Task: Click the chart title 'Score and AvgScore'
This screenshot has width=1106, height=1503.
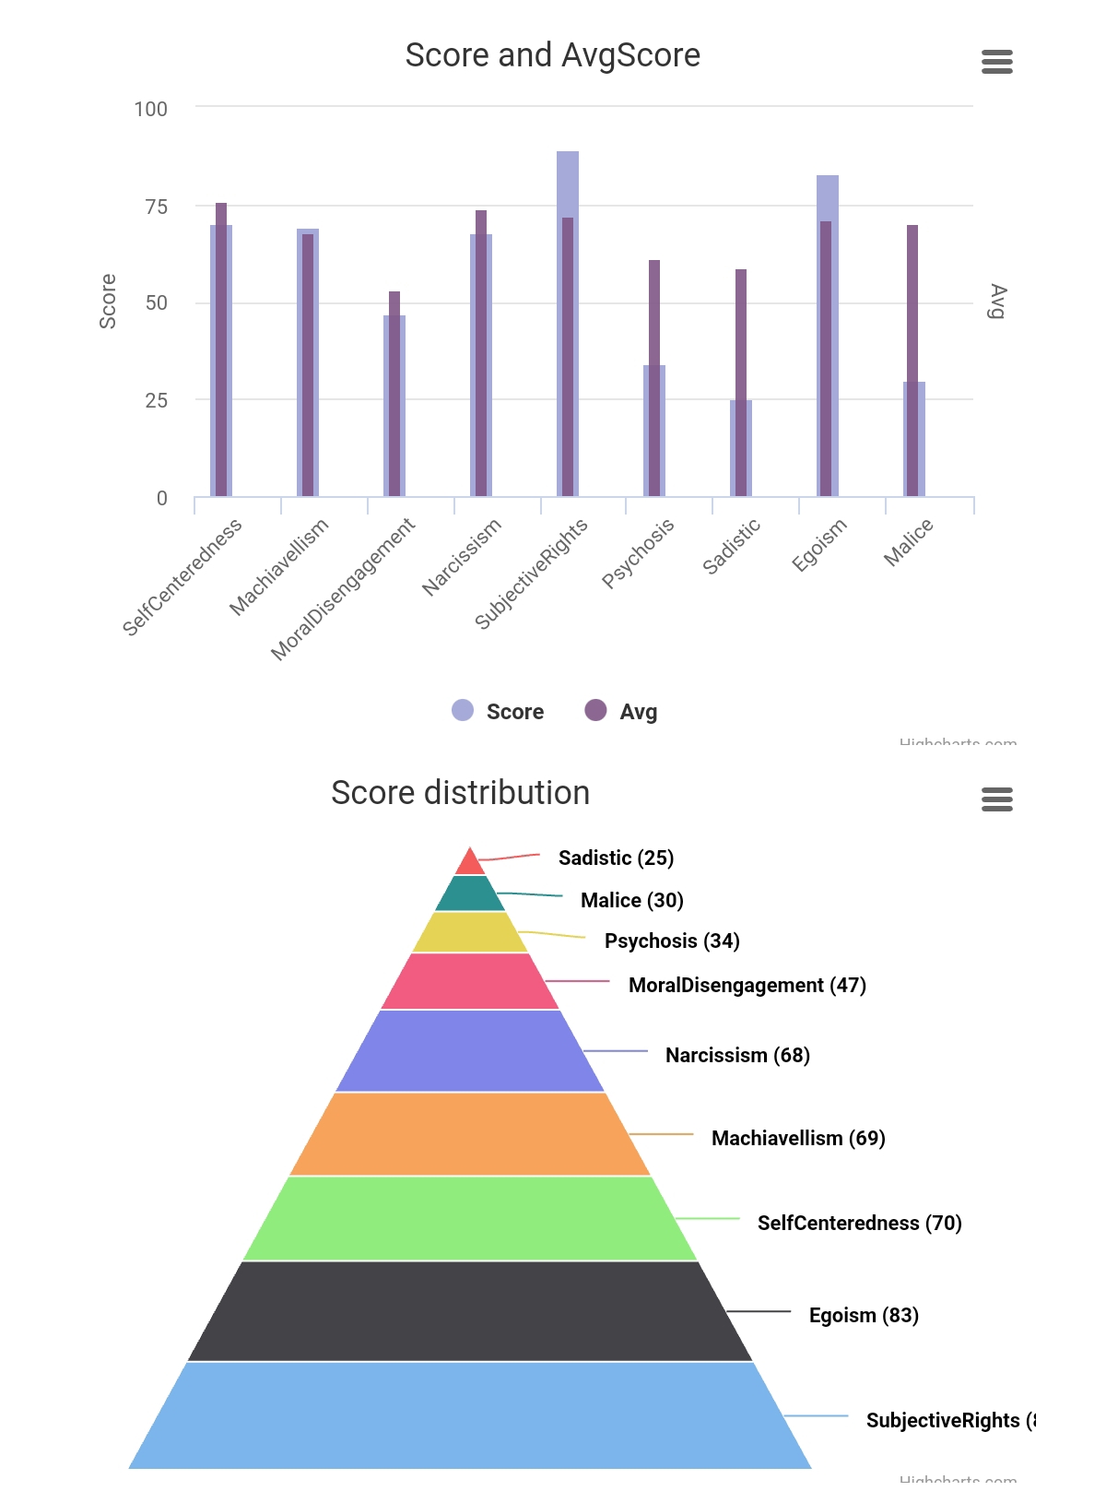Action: (553, 55)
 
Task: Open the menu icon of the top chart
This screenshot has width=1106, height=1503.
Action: (997, 62)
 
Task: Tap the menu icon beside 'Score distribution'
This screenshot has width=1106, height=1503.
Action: (997, 799)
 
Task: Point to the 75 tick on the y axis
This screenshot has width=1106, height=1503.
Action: (157, 207)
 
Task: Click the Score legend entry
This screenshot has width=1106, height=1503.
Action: (499, 711)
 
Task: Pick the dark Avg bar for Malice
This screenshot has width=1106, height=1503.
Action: (912, 304)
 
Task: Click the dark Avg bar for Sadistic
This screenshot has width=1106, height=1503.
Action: (741, 332)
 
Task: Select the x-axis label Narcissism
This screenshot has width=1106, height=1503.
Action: (462, 556)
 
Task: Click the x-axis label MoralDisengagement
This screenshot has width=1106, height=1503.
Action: (343, 589)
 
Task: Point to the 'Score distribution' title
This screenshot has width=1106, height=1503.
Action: (460, 793)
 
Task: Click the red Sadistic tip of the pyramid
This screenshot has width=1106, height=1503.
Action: (470, 863)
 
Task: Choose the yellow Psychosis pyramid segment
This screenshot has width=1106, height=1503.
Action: (470, 932)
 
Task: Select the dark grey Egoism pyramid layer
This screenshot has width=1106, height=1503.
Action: (470, 1310)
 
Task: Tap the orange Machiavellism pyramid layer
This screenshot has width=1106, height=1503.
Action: (470, 1133)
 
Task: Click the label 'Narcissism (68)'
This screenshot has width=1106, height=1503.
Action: (737, 1055)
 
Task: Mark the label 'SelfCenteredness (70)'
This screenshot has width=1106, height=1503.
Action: (859, 1223)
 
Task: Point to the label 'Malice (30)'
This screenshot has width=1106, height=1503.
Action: (631, 900)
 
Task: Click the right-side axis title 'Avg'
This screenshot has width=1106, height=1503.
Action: (997, 302)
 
